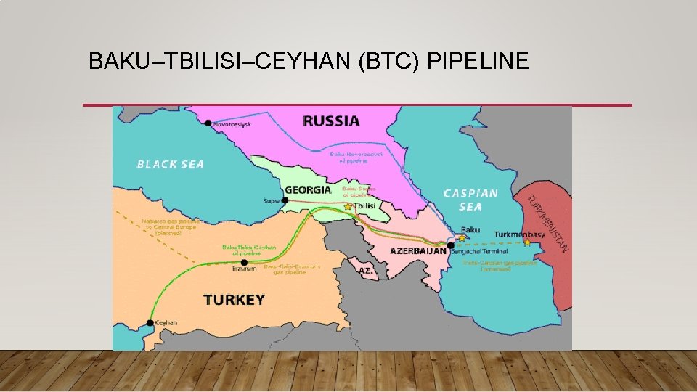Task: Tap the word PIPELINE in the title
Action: (x=478, y=62)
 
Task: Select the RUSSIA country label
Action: (x=331, y=121)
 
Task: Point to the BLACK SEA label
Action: (x=171, y=164)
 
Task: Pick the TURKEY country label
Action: (x=234, y=299)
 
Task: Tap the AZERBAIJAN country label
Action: (x=418, y=250)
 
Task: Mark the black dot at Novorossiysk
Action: (x=208, y=123)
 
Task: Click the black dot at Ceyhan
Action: (x=150, y=323)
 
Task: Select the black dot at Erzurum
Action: (x=244, y=263)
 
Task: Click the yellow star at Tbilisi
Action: (x=348, y=207)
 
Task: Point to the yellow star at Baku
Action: (x=462, y=237)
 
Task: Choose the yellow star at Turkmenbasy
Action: (x=528, y=242)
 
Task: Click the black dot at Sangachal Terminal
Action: (x=451, y=246)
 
